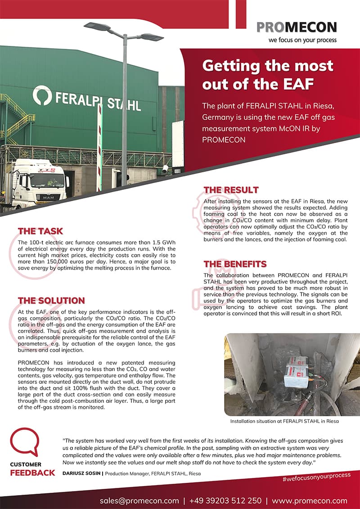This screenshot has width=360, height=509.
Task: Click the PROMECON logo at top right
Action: pyautogui.click(x=297, y=27)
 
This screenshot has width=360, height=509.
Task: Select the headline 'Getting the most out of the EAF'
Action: pyautogui.click(x=267, y=75)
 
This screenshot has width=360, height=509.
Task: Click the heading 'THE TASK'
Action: pyautogui.click(x=40, y=231)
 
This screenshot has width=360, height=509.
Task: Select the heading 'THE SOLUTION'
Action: pyautogui.click(x=51, y=300)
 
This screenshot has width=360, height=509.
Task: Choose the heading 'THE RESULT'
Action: pyautogui.click(x=231, y=189)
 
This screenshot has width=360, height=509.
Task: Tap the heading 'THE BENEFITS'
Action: pyautogui.click(x=235, y=264)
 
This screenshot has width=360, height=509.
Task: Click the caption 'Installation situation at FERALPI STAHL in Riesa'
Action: pyautogui.click(x=284, y=422)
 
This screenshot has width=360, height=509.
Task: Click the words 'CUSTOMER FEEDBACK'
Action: pyautogui.click(x=32, y=468)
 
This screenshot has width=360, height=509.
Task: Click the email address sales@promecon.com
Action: pyautogui.click(x=139, y=500)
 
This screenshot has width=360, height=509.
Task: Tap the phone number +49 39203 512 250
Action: pyautogui.click(x=225, y=500)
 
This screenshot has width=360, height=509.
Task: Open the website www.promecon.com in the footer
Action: pyautogui.click(x=309, y=500)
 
